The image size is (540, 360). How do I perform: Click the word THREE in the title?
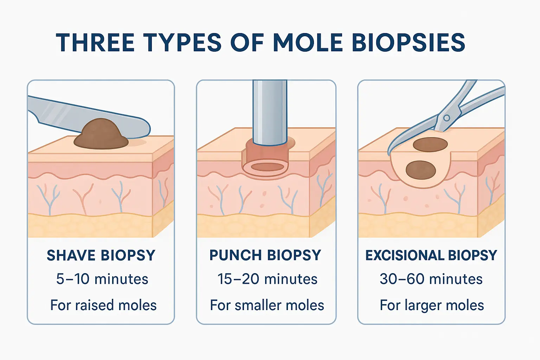tap(95, 43)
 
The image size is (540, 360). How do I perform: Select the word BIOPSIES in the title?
tap(408, 43)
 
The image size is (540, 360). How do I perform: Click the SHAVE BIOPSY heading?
tap(101, 256)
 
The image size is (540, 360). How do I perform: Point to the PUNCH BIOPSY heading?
tap(265, 255)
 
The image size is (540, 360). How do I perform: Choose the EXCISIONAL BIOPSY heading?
tap(431, 255)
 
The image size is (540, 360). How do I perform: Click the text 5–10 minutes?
tap(102, 279)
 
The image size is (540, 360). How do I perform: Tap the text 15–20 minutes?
tap(267, 279)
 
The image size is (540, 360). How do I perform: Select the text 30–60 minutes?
tap(431, 279)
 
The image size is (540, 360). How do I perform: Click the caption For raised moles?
tap(103, 305)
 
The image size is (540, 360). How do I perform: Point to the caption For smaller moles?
tap(267, 305)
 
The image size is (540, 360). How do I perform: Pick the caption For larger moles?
tap(432, 305)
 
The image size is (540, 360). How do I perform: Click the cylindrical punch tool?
tap(270, 112)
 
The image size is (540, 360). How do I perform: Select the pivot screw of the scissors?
tap(446, 118)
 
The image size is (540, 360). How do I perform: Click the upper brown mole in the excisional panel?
tap(430, 144)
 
